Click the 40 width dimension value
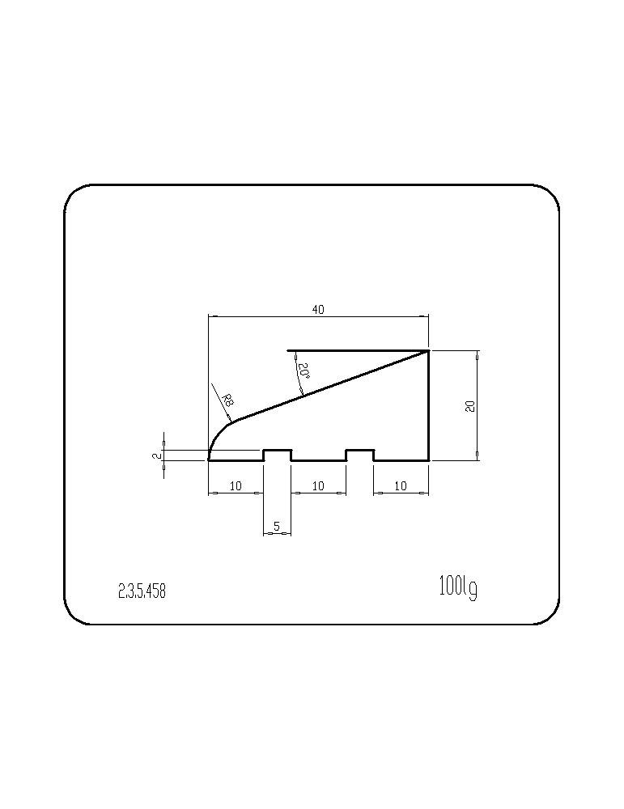pos(318,310)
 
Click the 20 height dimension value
pos(470,405)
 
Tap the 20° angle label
pos(304,371)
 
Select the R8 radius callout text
pos(227,400)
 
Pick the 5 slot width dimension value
pos(277,527)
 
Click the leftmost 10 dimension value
pos(236,485)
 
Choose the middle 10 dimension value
pos(318,485)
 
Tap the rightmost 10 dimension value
pos(401,485)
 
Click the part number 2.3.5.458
pos(142,591)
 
